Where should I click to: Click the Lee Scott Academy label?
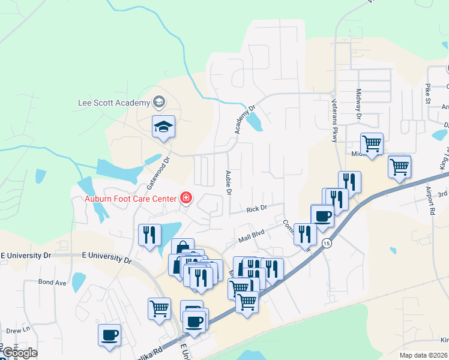click(x=114, y=102)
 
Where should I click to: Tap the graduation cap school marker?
click(x=163, y=127)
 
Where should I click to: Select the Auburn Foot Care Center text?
click(x=130, y=199)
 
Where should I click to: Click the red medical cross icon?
click(x=185, y=198)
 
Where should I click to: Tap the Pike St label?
click(x=429, y=94)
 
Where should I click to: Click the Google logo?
click(x=19, y=353)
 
